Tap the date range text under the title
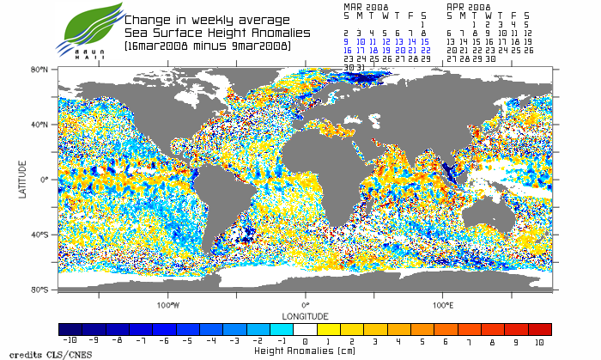pyautogui.click(x=207, y=46)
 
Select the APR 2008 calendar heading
pyautogui.click(x=469, y=5)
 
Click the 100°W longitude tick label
pyautogui.click(x=168, y=305)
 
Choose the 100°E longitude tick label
pyautogui.click(x=443, y=305)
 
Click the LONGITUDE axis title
pyautogui.click(x=305, y=315)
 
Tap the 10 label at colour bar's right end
pyautogui.click(x=539, y=342)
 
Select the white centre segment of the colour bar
pyautogui.click(x=305, y=329)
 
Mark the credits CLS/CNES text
pyautogui.click(x=33, y=354)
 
